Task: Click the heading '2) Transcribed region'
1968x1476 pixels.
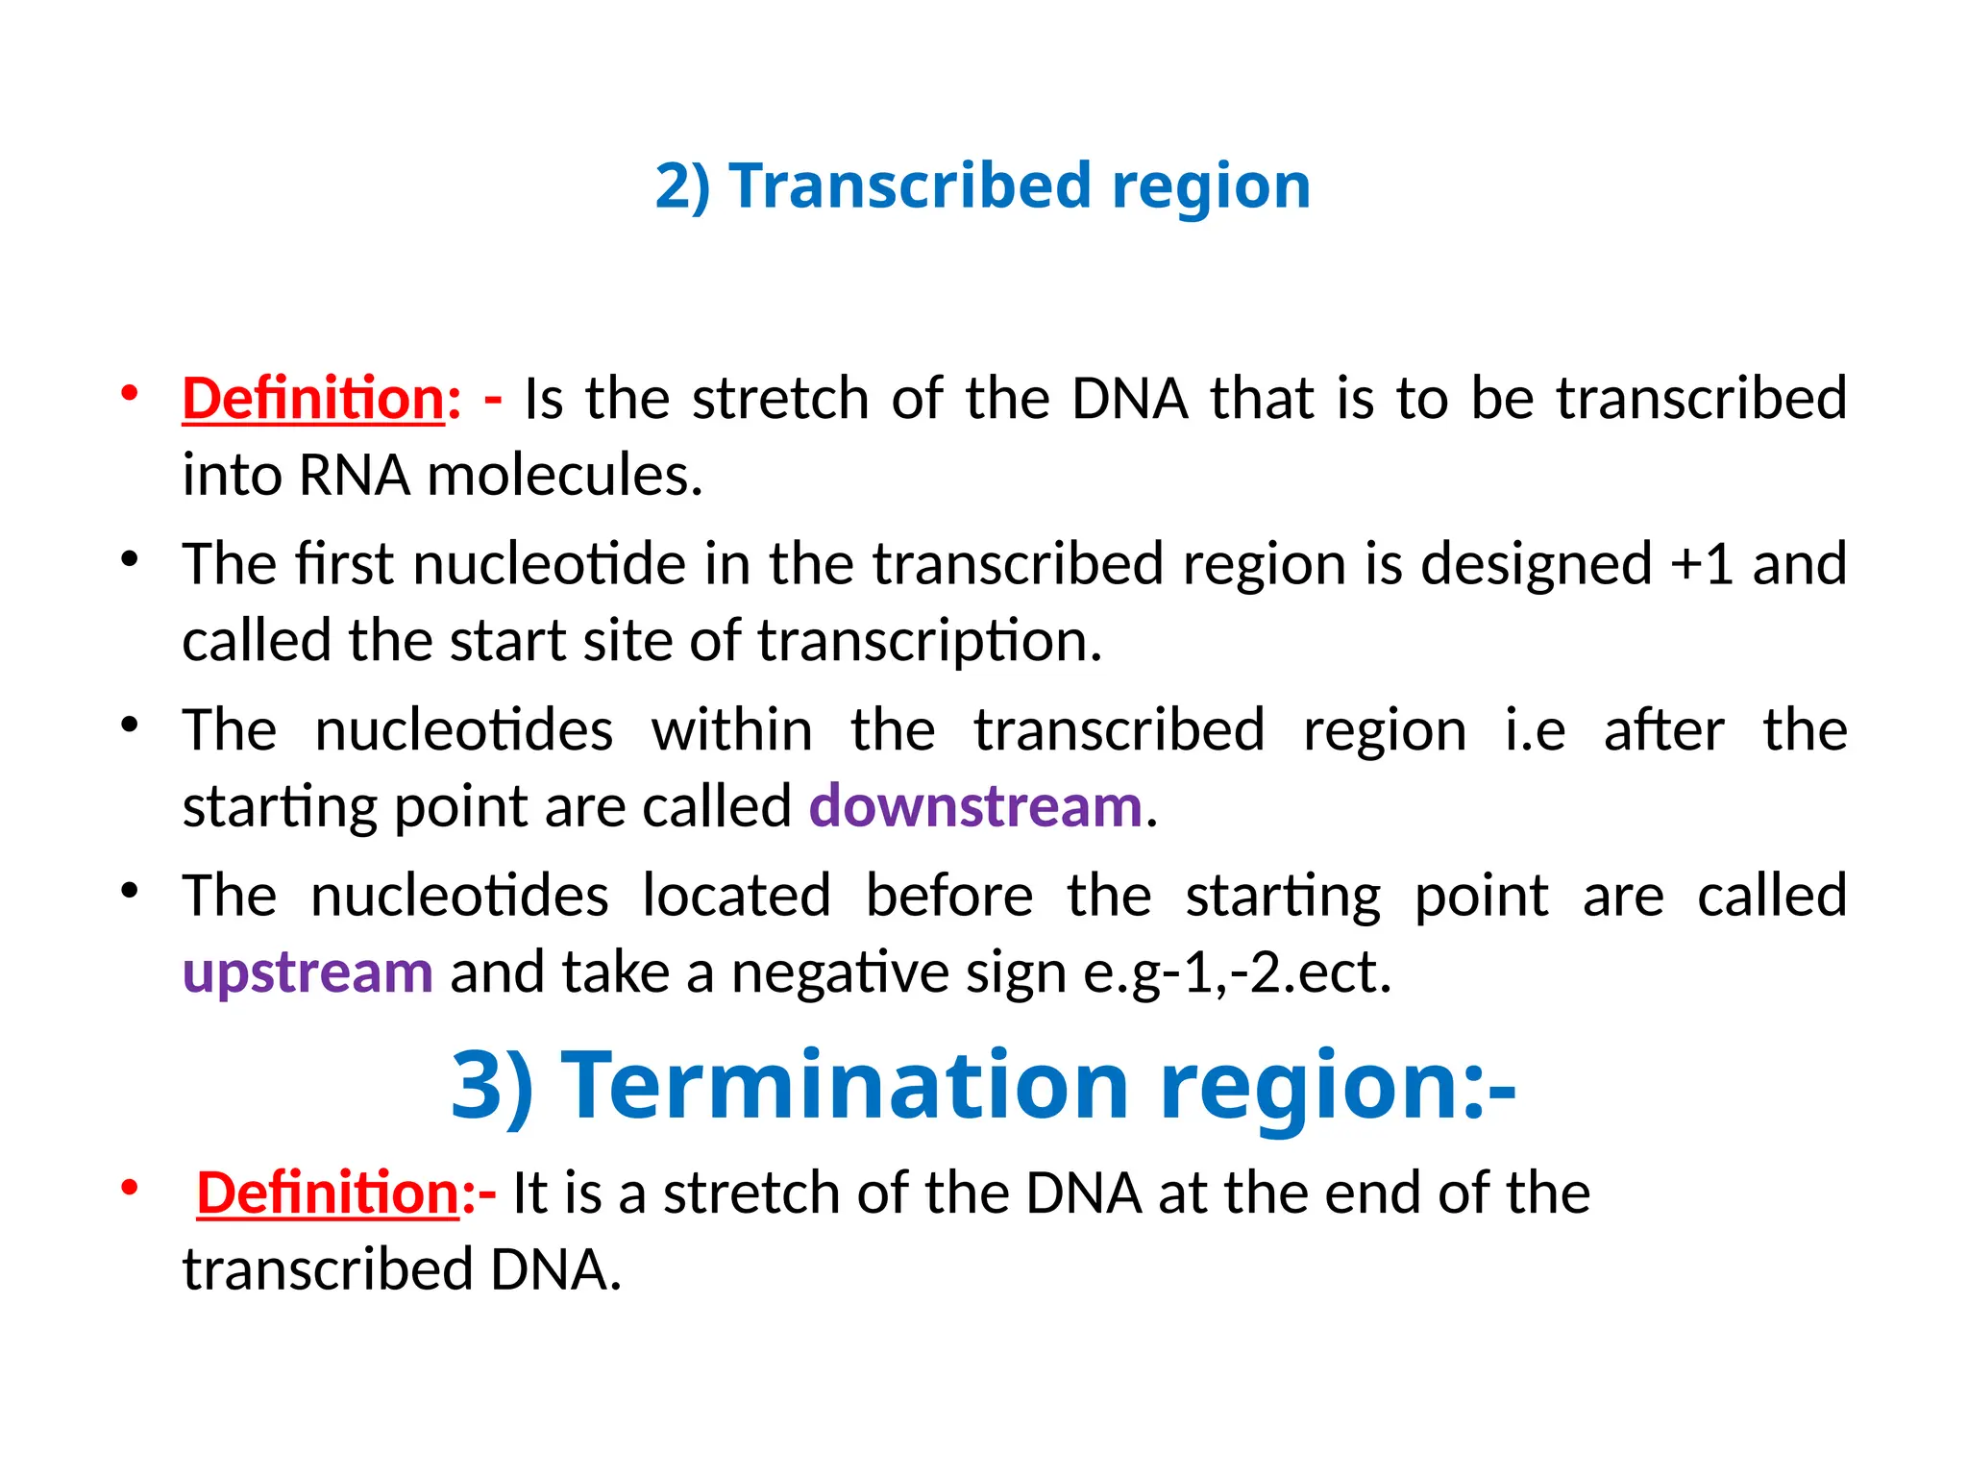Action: (982, 185)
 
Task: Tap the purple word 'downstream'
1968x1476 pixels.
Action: (975, 806)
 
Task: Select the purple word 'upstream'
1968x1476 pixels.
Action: (307, 972)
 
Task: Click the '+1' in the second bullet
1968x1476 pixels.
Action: (1702, 564)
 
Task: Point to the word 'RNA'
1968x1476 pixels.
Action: (355, 476)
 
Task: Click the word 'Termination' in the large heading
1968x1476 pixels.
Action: (845, 1085)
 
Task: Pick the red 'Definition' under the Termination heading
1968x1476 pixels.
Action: (328, 1193)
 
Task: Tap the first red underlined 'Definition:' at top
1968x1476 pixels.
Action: (314, 399)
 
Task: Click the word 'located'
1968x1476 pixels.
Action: (736, 897)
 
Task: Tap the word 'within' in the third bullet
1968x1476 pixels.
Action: (732, 730)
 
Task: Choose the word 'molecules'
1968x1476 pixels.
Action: (565, 476)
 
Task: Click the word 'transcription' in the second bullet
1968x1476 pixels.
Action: (929, 641)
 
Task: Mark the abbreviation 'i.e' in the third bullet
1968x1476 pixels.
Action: (1535, 730)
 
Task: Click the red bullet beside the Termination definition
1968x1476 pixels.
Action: (130, 1188)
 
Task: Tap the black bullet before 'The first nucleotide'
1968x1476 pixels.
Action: (130, 559)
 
